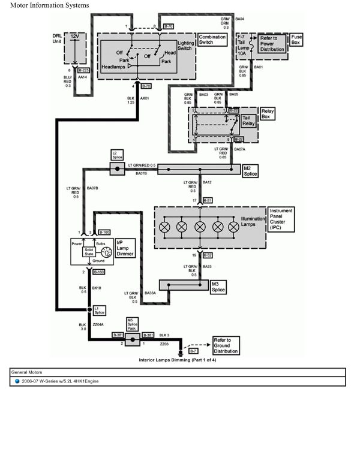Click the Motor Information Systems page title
coord(50,5)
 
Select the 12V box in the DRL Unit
coord(74,37)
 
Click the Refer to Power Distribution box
coord(272,44)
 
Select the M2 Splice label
coord(251,171)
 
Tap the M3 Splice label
coord(219,287)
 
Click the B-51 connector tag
coord(208,200)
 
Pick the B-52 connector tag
coord(208,255)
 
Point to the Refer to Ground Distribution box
coord(226,345)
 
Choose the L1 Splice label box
coord(100,310)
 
